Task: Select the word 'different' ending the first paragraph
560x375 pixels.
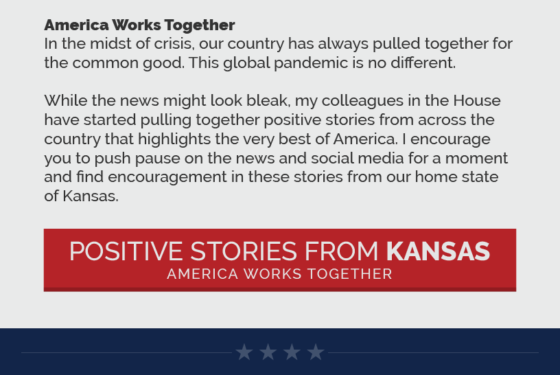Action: pos(423,62)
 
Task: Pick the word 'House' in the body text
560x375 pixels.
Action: pos(477,100)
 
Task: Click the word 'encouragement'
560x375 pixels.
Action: pos(167,177)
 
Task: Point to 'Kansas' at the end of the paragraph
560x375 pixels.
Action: pos(91,196)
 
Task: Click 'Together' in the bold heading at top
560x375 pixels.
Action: pos(200,25)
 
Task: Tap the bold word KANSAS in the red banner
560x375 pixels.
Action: pos(439,251)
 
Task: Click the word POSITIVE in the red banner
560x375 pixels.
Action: pos(126,251)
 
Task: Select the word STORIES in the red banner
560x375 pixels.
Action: pos(244,251)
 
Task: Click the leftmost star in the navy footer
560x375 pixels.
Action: pos(244,352)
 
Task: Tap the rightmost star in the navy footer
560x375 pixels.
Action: pos(316,352)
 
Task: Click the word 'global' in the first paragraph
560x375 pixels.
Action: pos(246,63)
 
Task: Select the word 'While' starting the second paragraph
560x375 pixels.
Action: pos(66,100)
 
